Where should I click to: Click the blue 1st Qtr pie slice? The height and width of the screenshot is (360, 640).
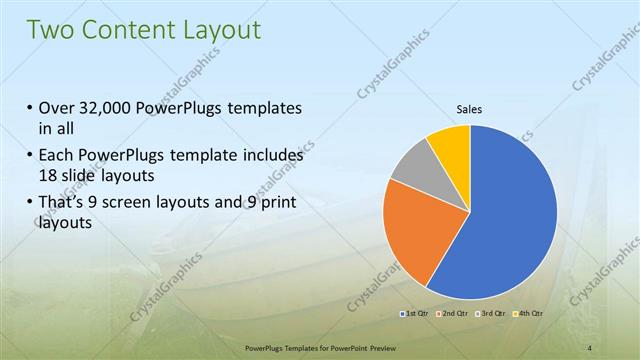pyautogui.click(x=510, y=220)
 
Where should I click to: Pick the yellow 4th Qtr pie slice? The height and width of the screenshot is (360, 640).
pyautogui.click(x=450, y=143)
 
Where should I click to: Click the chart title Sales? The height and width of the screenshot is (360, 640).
pyautogui.click(x=469, y=111)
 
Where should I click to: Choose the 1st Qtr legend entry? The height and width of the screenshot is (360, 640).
pyautogui.click(x=416, y=315)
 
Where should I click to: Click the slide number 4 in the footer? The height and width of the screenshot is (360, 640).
pyautogui.click(x=592, y=347)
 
